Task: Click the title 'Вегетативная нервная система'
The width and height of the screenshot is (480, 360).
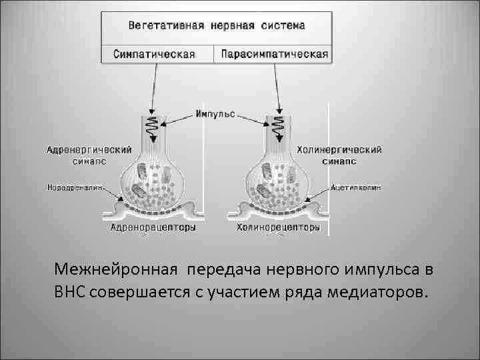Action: click(217, 26)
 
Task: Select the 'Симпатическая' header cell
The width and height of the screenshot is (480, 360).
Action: click(154, 54)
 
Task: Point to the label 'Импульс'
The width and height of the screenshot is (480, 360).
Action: click(215, 114)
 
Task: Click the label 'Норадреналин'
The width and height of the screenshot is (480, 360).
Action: click(75, 188)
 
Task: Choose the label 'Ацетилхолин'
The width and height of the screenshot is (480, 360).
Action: click(357, 188)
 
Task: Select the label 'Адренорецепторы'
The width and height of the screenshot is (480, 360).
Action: click(153, 228)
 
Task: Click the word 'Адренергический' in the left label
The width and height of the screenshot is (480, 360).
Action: click(89, 149)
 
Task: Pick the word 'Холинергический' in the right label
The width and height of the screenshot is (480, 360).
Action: click(339, 149)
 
